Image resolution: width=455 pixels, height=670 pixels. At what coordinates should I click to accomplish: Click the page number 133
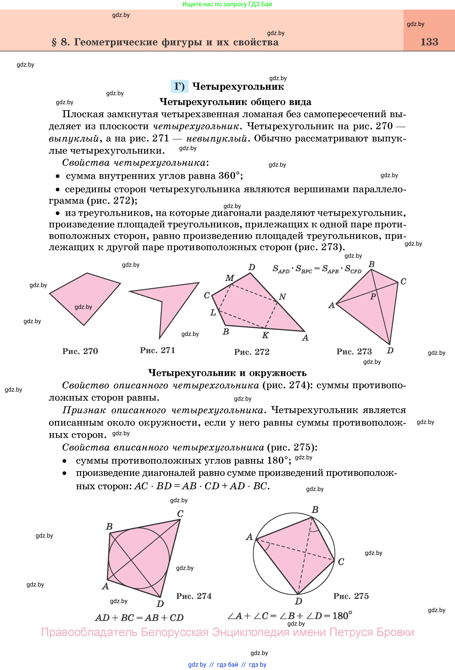429,42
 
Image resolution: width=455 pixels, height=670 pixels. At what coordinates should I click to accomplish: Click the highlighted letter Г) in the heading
179,87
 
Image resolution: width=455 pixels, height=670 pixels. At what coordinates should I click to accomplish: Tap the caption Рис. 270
80,351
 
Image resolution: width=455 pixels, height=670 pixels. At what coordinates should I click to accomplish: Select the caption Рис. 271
157,350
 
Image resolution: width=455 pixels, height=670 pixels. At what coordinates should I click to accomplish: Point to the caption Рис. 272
252,352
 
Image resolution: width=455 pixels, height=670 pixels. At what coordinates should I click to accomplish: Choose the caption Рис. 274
194,596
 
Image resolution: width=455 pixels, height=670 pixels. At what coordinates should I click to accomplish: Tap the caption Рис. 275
351,596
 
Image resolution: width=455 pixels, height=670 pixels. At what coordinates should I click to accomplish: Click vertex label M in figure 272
229,278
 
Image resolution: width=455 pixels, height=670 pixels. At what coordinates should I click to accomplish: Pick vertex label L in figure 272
213,312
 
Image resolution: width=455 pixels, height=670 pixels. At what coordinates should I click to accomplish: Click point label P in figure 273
373,296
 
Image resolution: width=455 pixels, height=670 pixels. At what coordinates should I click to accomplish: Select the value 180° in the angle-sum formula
342,616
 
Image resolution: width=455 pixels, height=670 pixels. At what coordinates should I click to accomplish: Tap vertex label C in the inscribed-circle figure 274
180,514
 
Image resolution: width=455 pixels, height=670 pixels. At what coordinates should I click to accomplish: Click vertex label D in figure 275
298,601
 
